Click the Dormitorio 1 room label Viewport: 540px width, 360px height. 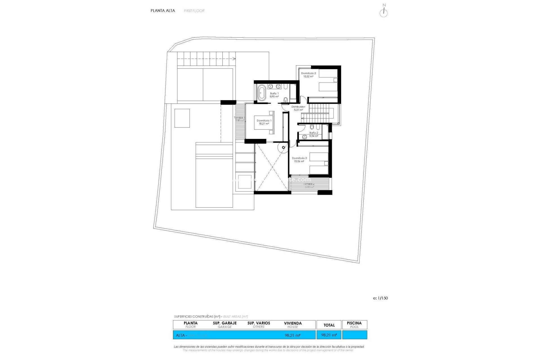point(264,122)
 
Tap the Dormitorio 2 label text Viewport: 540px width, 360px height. point(308,75)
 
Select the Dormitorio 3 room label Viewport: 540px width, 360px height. point(299,160)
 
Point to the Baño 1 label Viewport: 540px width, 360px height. point(274,95)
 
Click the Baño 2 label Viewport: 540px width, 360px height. point(314,134)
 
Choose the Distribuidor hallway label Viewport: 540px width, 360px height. point(298,108)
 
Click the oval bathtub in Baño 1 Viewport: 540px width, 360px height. point(262,93)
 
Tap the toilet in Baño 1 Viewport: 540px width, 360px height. point(286,100)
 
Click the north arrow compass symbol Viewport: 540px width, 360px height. point(384,12)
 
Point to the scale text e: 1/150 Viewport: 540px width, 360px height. point(380,298)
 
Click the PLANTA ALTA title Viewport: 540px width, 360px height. point(163,11)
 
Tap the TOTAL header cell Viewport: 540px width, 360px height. point(329,325)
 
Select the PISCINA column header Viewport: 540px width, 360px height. point(354,325)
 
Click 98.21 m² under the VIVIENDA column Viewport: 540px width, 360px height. point(292,335)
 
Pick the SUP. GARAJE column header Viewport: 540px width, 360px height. point(224,325)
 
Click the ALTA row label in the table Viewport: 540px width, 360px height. point(180,335)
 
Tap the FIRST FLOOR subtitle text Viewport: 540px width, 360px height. point(194,11)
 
